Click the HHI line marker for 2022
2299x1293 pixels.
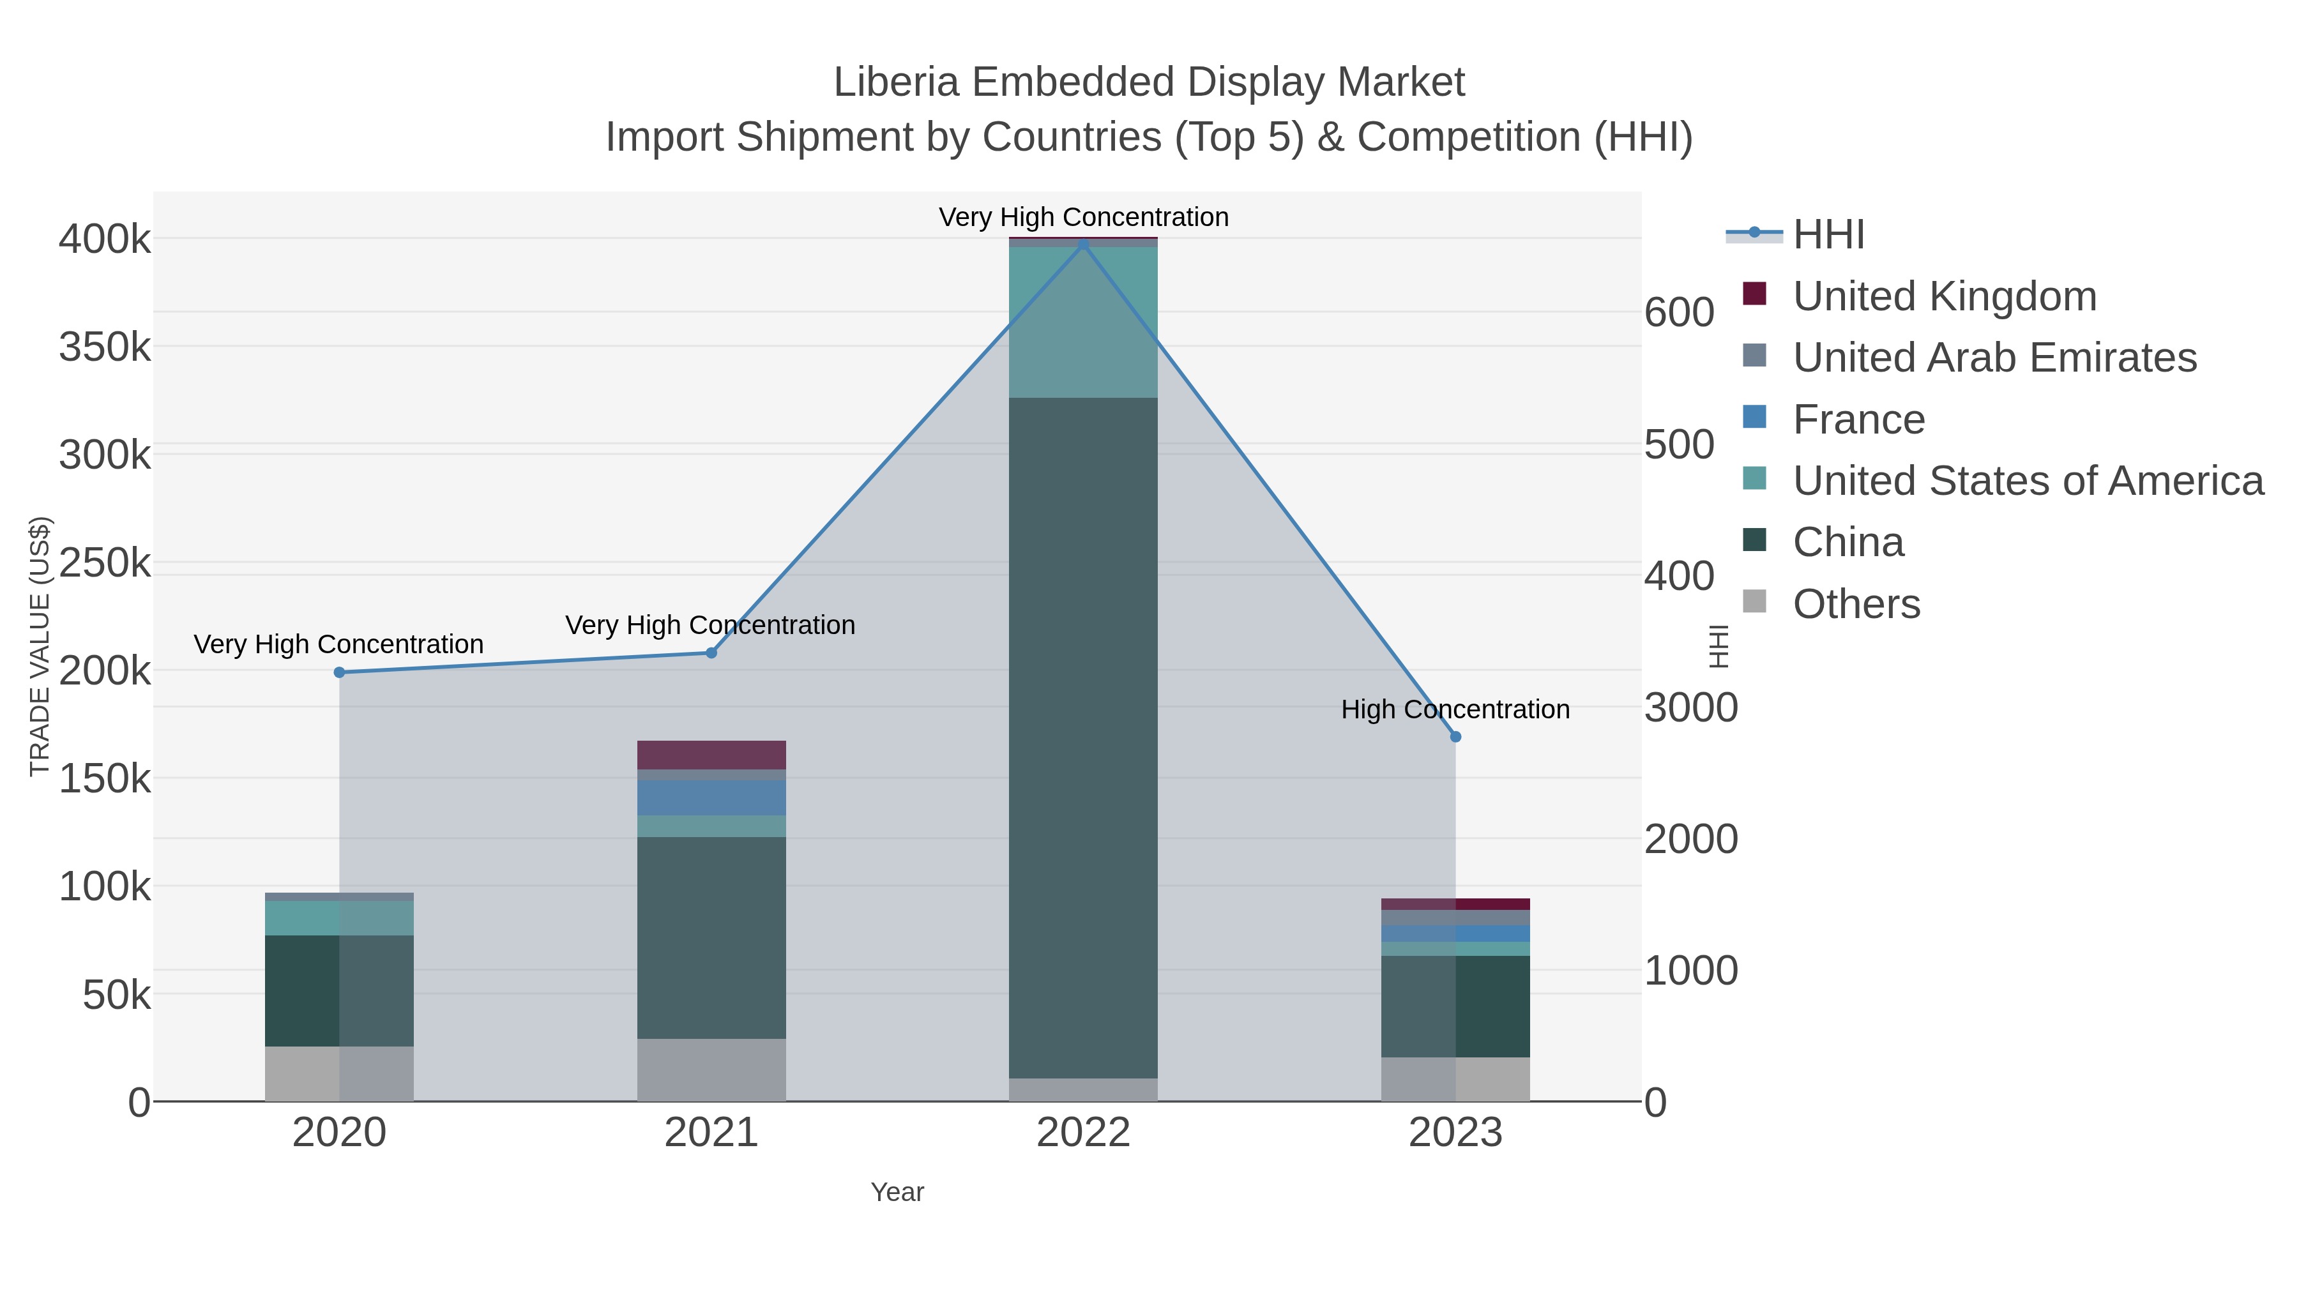click(1084, 244)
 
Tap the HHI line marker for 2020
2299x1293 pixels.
click(339, 672)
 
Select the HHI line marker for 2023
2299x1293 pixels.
click(1455, 736)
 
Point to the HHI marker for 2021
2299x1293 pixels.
click(711, 653)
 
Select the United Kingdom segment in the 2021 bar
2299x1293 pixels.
click(711, 754)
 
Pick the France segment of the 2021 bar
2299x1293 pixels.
click(711, 797)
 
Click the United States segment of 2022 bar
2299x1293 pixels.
click(1084, 321)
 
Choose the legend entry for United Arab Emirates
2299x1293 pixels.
click(1994, 357)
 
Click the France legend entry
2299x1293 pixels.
click(1858, 420)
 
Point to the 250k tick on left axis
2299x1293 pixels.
click(105, 563)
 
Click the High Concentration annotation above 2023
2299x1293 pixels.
click(1455, 709)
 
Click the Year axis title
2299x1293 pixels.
click(897, 1192)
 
